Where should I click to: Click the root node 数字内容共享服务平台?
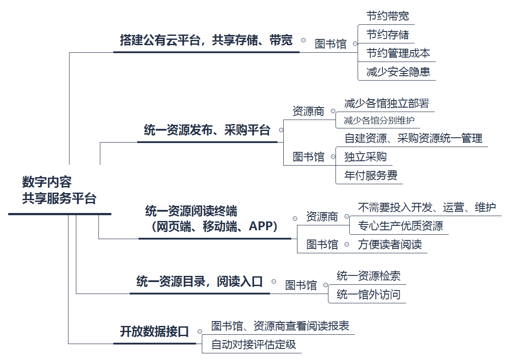(59, 190)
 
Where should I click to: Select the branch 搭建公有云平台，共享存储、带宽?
(206, 41)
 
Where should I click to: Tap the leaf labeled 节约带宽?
(388, 16)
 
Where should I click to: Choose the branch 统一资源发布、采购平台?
(207, 130)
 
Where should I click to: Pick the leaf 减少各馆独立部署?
(386, 104)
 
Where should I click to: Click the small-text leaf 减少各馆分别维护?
(379, 120)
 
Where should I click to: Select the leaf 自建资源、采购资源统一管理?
(413, 139)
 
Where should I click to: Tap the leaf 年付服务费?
(371, 175)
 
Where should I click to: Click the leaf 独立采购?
(366, 157)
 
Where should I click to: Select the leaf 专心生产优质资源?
(400, 226)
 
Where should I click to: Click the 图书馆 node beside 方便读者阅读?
(322, 244)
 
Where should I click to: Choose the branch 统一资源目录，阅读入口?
(200, 282)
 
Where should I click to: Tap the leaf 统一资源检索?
(369, 276)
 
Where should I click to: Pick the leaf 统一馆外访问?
(368, 294)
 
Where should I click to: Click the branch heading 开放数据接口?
(154, 332)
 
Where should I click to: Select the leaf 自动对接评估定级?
(254, 345)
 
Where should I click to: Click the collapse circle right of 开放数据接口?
(200, 331)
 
